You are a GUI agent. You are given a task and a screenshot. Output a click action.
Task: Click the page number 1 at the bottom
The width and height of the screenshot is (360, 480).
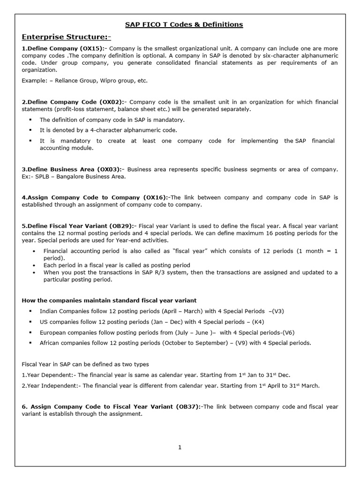[180, 447]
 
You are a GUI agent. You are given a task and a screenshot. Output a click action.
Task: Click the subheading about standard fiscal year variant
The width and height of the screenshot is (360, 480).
[109, 300]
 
